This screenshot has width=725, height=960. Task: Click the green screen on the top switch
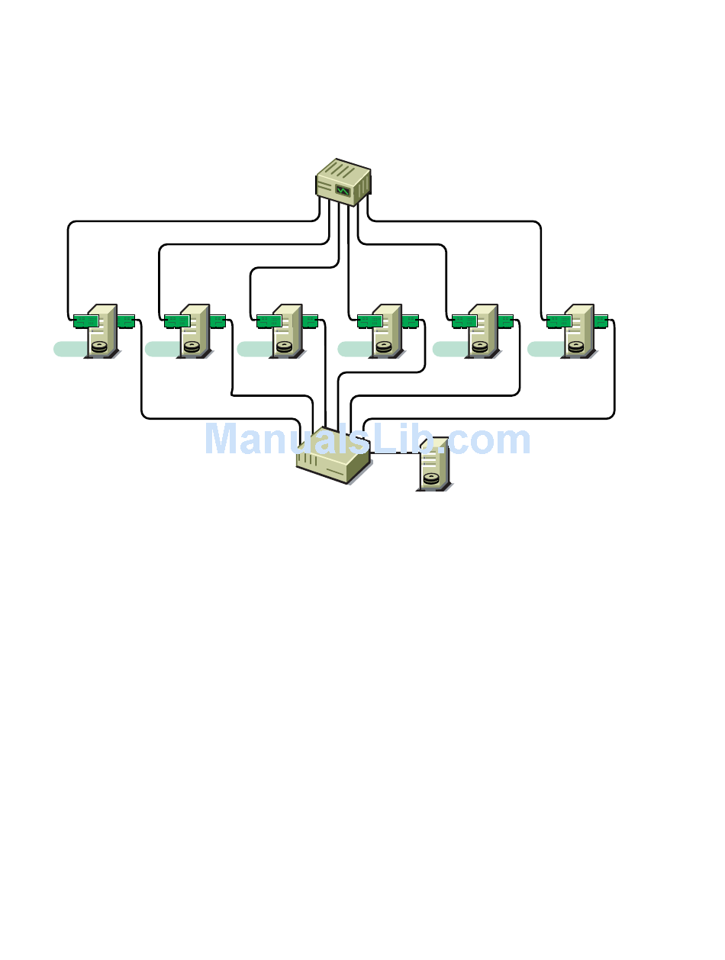tap(343, 190)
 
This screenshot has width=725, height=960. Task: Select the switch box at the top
tap(343, 182)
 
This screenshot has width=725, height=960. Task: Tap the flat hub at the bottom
tap(333, 458)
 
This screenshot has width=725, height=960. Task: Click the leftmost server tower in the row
tap(102, 330)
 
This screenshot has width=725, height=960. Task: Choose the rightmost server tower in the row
tap(578, 330)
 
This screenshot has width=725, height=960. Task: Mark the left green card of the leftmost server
tap(85, 321)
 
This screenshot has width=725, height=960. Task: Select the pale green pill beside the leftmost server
tap(70, 349)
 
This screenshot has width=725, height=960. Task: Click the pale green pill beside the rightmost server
tap(545, 349)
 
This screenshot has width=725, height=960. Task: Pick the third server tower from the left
tap(287, 330)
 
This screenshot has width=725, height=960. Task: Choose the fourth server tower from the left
tap(387, 330)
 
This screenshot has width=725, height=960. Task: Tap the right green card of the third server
tap(309, 321)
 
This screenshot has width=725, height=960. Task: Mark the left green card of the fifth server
tap(464, 321)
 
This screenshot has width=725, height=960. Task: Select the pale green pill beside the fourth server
tap(355, 349)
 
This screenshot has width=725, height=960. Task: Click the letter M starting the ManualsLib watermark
tap(221, 440)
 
